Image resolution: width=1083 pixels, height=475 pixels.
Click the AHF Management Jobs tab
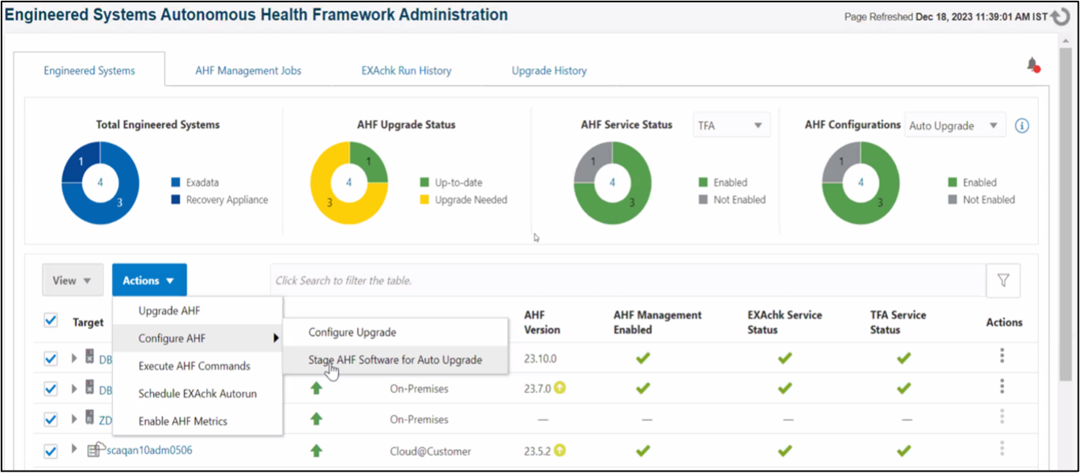coord(248,70)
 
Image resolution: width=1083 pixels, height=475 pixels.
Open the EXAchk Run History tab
coord(406,70)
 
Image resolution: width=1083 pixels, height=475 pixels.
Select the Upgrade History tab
coord(549,70)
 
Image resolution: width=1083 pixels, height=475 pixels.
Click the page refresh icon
coord(1060,17)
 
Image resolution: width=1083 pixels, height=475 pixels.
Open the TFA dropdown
coord(731,125)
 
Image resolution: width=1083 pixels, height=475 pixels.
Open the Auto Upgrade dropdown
coord(954,125)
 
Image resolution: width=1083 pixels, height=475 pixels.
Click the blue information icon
coord(1022,126)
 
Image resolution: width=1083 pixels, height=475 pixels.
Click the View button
coord(72,281)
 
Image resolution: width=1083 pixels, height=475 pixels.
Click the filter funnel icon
coord(1003,281)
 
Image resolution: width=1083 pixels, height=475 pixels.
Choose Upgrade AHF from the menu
coord(169,311)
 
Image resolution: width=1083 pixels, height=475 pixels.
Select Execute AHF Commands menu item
coord(194,366)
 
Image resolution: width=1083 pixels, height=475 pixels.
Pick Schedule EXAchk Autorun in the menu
coord(197,394)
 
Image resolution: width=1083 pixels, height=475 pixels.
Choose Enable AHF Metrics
coord(182,421)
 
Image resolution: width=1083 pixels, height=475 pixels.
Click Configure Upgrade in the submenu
coord(352,332)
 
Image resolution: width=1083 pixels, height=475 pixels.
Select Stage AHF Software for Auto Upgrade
coord(395,360)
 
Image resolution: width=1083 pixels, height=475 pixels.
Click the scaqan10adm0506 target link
coord(149,450)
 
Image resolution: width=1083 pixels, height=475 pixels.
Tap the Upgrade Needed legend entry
coord(471,200)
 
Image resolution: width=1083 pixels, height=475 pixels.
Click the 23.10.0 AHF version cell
coord(540,358)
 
